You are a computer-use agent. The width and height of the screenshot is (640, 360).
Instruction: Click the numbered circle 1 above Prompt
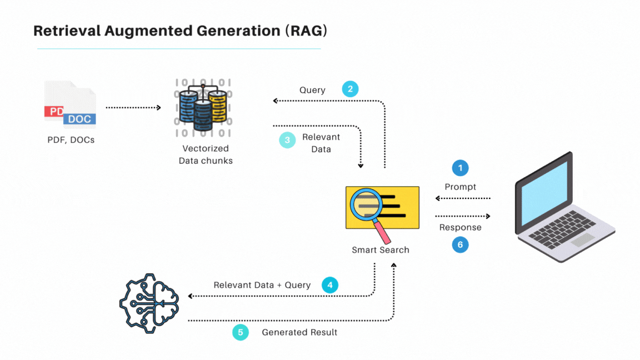coord(460,168)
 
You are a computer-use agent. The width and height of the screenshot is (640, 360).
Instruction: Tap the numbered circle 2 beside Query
coord(350,89)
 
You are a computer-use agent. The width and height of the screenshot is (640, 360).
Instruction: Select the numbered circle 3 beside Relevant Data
coord(287,140)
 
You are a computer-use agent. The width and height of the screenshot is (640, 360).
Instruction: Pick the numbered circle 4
coord(329,285)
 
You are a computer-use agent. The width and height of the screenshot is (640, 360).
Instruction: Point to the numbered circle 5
coord(241,332)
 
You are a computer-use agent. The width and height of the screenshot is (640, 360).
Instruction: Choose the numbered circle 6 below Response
coord(460,244)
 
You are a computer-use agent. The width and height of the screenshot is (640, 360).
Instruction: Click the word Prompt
coord(461,187)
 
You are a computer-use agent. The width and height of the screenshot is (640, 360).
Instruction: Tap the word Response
coord(460,227)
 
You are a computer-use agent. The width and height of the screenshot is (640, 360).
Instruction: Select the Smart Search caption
coord(381,250)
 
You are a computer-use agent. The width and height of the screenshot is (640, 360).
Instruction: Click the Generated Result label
coord(299,332)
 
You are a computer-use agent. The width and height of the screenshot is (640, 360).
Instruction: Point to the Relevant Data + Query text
coord(262,285)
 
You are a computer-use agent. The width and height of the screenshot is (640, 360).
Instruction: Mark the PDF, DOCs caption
coord(71,140)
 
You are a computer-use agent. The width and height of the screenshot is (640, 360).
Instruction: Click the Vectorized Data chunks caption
coord(206,154)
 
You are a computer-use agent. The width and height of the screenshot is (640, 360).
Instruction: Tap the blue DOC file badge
coord(79,119)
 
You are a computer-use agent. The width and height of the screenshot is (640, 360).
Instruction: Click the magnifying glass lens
coord(365,205)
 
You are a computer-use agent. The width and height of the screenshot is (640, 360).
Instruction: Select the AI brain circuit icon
coord(149,303)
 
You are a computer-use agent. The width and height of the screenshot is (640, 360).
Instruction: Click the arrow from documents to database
coord(133,108)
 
